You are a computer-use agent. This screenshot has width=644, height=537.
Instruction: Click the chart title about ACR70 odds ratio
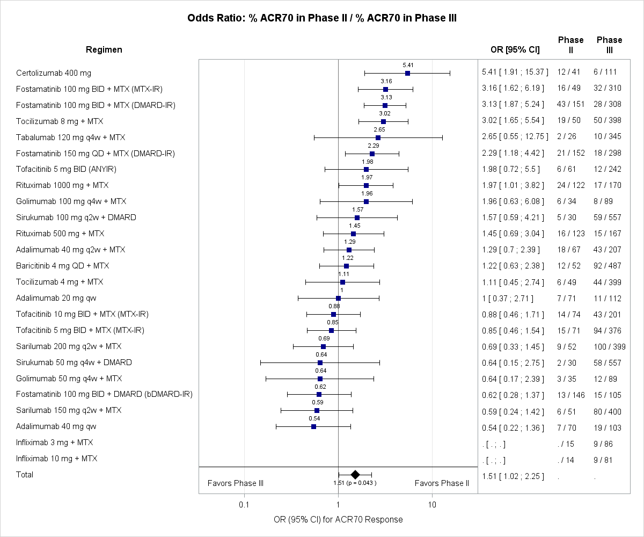point(322,18)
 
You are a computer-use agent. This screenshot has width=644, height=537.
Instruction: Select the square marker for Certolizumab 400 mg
point(407,73)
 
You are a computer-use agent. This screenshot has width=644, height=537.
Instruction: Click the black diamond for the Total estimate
point(355,474)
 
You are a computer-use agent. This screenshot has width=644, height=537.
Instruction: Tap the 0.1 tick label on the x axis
point(244,504)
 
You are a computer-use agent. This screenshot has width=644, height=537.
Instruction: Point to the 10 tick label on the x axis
point(431,504)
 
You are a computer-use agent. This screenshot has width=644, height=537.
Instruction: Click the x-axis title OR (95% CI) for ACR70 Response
point(338,519)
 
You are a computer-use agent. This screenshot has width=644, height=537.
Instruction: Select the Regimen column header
point(104,50)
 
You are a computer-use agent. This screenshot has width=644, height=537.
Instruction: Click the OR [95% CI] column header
point(515,50)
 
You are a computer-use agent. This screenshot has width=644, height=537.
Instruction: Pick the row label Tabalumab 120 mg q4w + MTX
point(71,137)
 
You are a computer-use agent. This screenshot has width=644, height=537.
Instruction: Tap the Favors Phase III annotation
point(235,483)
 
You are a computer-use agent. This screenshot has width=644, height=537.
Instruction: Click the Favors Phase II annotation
point(442,483)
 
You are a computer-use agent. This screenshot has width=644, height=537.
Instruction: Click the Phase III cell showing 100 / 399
point(609,346)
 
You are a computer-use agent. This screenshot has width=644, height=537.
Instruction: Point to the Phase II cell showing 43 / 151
point(570,105)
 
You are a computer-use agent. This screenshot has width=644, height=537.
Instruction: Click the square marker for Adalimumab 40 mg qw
point(313,426)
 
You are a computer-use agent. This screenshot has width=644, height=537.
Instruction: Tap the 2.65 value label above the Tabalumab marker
point(379,129)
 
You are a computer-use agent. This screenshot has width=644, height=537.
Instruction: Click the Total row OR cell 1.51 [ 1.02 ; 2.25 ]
point(513,475)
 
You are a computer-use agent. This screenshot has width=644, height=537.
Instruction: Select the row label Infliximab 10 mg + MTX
point(57,459)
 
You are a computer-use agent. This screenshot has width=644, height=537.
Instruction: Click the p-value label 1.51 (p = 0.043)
point(355,483)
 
